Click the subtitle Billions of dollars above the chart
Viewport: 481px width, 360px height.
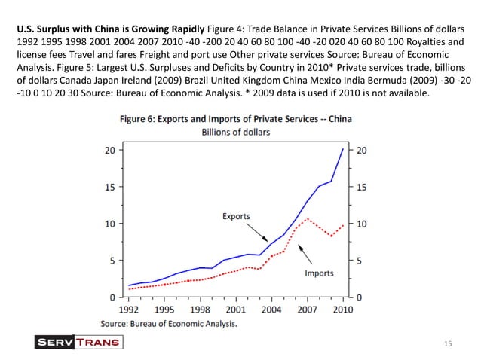click(236, 132)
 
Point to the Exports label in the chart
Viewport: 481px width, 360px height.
click(236, 216)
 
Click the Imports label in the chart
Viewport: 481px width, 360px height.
click(319, 273)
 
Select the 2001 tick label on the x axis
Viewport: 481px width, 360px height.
click(236, 310)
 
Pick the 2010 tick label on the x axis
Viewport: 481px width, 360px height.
click(343, 310)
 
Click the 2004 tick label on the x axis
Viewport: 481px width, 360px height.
click(271, 310)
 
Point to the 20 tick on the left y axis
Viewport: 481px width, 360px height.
click(110, 150)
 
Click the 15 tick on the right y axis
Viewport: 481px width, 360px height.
click(361, 187)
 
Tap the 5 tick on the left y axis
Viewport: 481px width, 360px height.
click(112, 261)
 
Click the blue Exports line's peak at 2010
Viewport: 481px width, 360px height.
click(343, 149)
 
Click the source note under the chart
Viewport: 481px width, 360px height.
click(169, 323)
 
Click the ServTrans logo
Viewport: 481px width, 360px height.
click(79, 343)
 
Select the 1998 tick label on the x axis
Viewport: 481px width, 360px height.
click(200, 310)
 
